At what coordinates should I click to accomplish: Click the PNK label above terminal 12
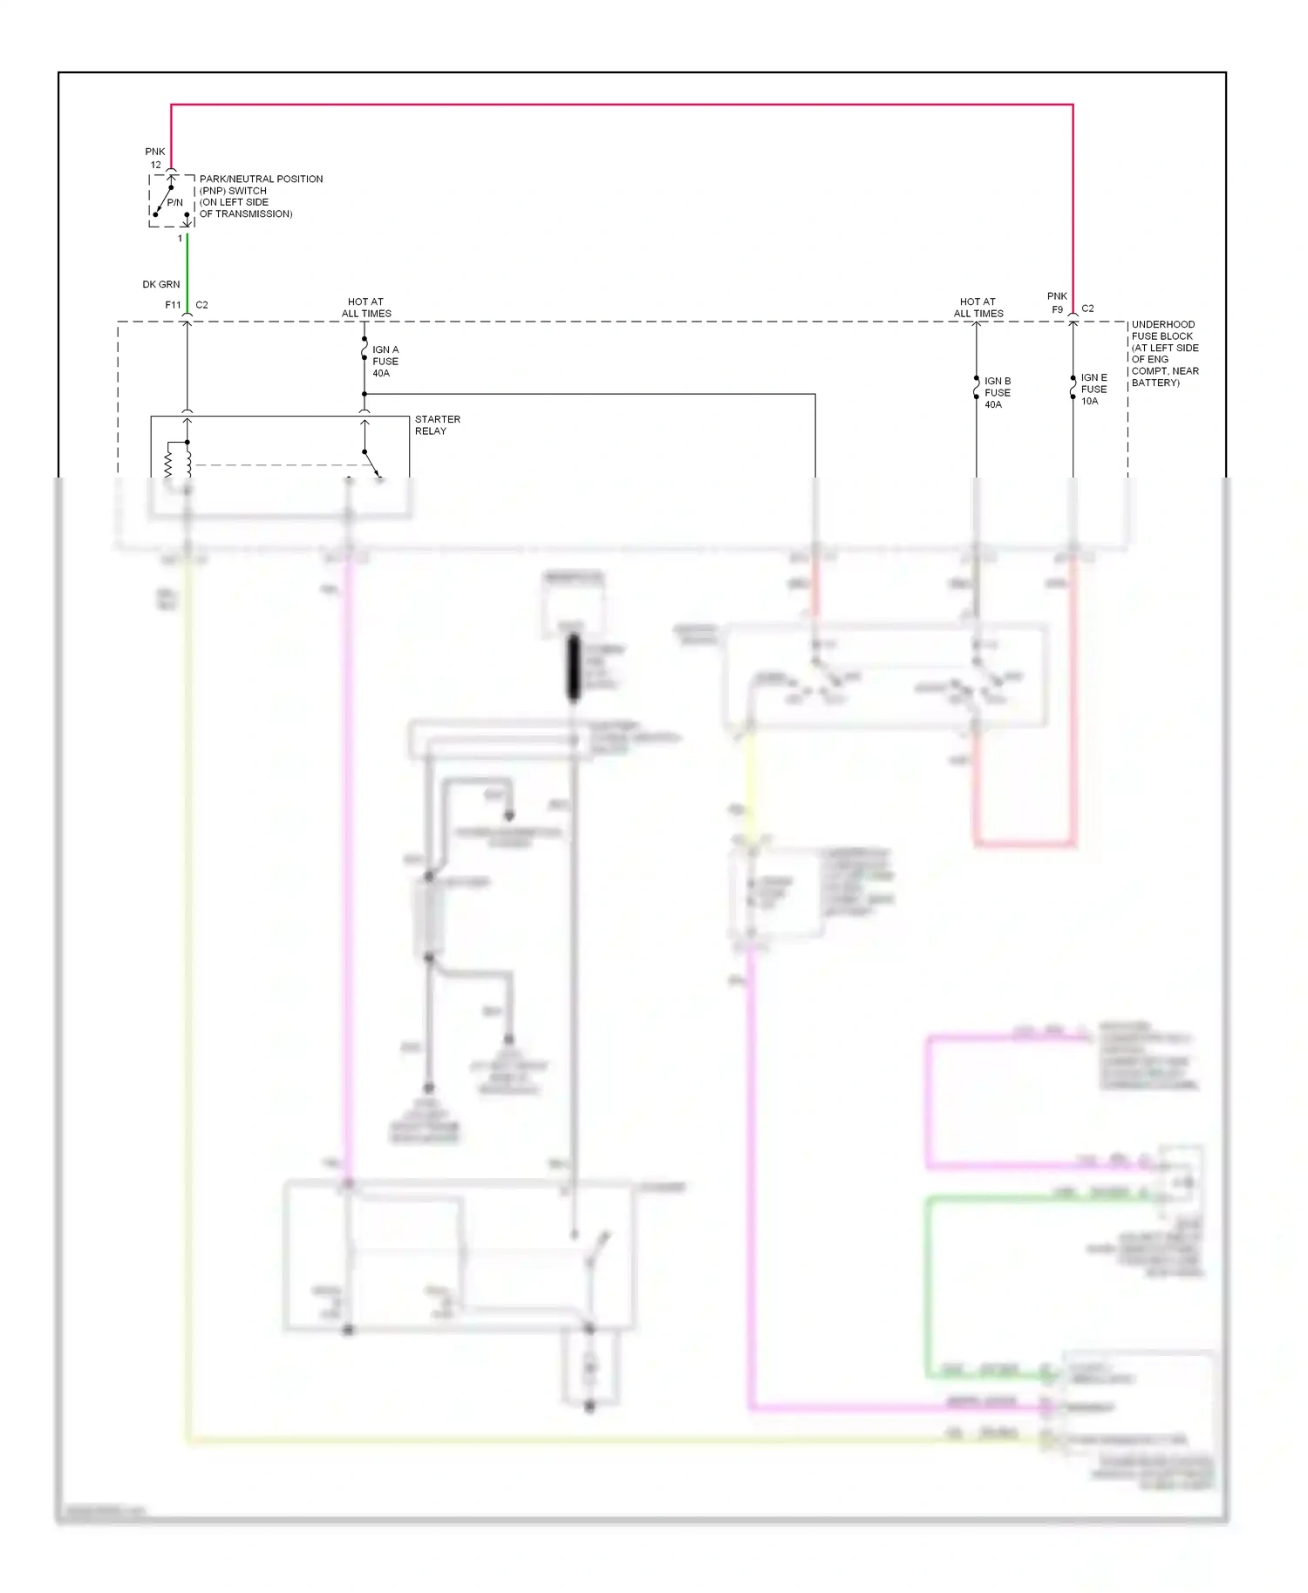pyautogui.click(x=155, y=152)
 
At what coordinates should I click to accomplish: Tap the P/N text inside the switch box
pyautogui.click(x=175, y=202)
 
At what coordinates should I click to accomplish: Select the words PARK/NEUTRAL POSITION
pyautogui.click(x=261, y=179)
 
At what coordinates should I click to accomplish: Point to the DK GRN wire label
pyautogui.click(x=161, y=284)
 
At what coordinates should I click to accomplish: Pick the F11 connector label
pyautogui.click(x=173, y=305)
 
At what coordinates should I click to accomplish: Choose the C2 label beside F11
pyautogui.click(x=201, y=305)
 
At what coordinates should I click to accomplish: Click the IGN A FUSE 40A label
pyautogui.click(x=385, y=361)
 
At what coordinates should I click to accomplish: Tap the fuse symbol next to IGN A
pyautogui.click(x=364, y=352)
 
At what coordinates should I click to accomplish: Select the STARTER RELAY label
pyautogui.click(x=437, y=425)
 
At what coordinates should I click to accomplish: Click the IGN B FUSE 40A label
pyautogui.click(x=998, y=392)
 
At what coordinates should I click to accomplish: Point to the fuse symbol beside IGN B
pyautogui.click(x=976, y=388)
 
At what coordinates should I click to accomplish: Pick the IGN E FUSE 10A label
pyautogui.click(x=1093, y=389)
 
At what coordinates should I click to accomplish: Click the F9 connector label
pyautogui.click(x=1057, y=309)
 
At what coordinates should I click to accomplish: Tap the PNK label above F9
pyautogui.click(x=1057, y=296)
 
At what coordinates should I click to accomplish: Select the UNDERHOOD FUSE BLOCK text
pyautogui.click(x=1163, y=330)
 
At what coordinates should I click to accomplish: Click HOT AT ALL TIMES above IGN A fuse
pyautogui.click(x=366, y=308)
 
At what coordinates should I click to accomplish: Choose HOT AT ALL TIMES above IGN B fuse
pyautogui.click(x=978, y=308)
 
